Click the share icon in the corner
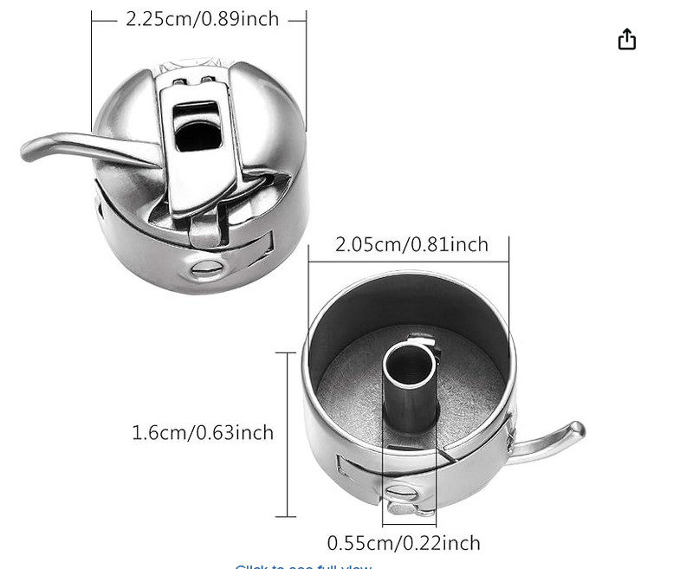[627, 40]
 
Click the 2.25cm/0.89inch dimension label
[202, 19]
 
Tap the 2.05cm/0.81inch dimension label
[411, 245]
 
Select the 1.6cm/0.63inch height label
[202, 432]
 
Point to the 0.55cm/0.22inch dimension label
[403, 543]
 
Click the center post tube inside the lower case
[410, 381]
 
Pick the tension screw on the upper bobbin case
[207, 268]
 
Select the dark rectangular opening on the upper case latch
[198, 130]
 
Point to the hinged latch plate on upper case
[199, 147]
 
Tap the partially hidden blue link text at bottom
[303, 566]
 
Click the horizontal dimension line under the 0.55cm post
[409, 525]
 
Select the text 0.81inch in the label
[451, 245]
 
